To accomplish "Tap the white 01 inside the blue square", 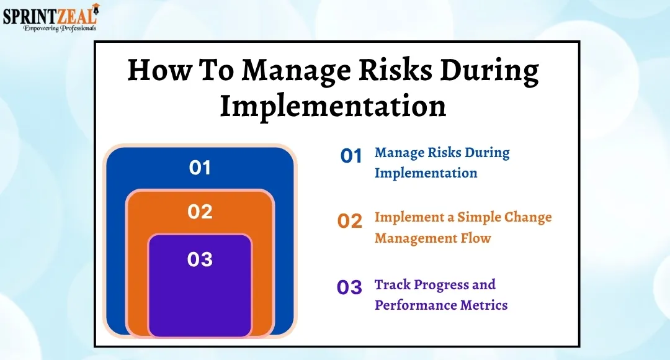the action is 200,168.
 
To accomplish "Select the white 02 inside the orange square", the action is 200,212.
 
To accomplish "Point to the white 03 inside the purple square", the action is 200,259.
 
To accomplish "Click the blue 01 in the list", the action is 351,156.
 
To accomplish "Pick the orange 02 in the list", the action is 350,221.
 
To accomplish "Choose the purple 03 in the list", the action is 349,287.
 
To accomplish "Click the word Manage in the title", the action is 296,71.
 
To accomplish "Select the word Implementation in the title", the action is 333,106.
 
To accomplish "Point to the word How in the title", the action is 159,70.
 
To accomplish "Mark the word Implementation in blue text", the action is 426,173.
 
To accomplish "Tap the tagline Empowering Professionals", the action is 60,28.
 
